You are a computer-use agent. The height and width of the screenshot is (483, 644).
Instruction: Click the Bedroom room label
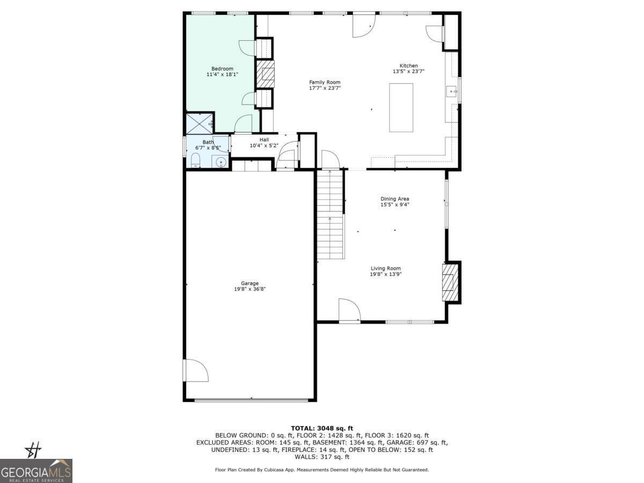pos(222,69)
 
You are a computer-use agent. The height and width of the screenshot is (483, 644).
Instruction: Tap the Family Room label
pos(325,82)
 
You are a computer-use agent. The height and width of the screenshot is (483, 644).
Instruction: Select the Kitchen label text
pos(408,66)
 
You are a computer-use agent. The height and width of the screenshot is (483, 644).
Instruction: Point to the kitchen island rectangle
pos(401,107)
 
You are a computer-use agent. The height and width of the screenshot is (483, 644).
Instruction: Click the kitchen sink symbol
pos(451,92)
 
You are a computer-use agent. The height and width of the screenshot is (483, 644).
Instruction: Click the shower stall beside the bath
pos(200,123)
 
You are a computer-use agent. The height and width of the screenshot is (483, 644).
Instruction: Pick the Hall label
pos(264,140)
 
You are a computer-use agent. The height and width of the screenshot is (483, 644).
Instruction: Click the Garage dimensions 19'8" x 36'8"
pos(250,289)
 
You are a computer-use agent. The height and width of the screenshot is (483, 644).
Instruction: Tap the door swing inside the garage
pos(194,370)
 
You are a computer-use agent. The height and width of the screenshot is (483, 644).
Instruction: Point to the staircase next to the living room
pos(330,215)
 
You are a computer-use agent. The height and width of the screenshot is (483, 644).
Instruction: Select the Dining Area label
pos(395,199)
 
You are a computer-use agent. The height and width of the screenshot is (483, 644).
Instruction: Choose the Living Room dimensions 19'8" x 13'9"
pos(386,274)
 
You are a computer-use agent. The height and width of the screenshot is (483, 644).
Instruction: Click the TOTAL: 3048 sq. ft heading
pos(322,428)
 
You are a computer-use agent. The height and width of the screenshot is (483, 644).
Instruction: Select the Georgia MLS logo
pos(36,471)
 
